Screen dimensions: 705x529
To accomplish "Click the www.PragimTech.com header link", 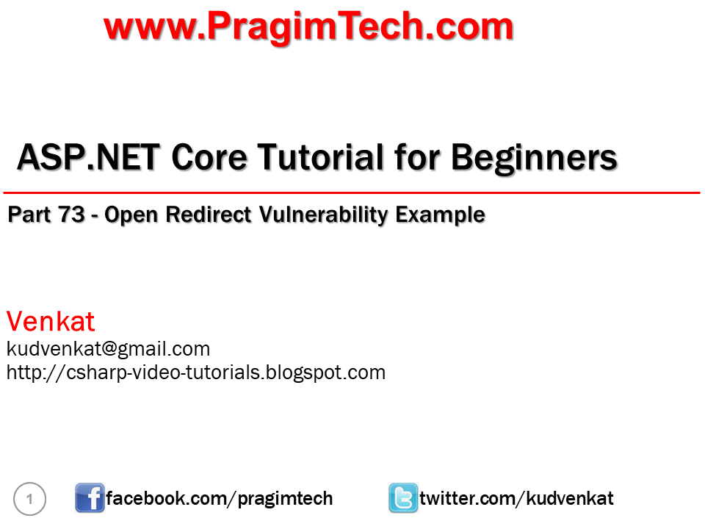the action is [308, 27].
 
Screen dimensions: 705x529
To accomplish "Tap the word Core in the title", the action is [209, 157].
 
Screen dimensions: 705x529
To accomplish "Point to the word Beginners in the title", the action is [534, 159].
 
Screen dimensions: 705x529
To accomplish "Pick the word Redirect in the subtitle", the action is [208, 215].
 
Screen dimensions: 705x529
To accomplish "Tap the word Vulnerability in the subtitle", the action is [323, 215].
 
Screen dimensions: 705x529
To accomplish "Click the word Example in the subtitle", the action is [440, 215].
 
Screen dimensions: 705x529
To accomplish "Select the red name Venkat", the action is [51, 321].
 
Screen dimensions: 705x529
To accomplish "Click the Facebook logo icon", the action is [90, 498].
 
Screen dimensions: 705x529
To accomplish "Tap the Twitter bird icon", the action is [403, 498].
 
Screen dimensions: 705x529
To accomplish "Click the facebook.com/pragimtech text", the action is [220, 499].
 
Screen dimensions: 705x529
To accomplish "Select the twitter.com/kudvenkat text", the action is [516, 498].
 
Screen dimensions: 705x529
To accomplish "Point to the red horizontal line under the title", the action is [352, 193].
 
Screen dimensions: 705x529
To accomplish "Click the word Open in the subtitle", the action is [131, 215].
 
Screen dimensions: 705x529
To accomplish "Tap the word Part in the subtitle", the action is [29, 215].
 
